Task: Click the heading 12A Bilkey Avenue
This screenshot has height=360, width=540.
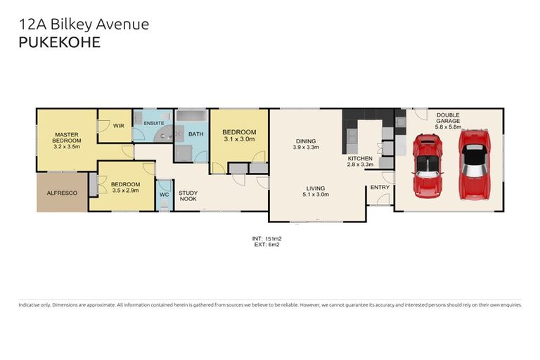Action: click(84, 25)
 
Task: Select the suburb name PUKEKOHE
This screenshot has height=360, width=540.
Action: click(60, 42)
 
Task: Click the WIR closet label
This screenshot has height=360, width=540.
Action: click(119, 126)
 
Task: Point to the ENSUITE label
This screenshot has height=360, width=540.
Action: click(154, 123)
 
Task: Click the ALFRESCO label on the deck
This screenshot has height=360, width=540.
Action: click(62, 192)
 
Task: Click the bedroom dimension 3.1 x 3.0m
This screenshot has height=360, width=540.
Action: click(239, 139)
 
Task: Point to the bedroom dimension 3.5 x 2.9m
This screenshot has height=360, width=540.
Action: click(127, 191)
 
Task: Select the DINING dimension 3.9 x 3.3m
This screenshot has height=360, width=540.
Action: click(307, 148)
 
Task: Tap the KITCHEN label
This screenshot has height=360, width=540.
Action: click(361, 159)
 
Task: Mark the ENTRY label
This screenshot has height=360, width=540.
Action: click(380, 187)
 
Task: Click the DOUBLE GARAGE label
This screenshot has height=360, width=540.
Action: click(449, 120)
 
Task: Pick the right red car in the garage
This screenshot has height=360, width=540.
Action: click(473, 163)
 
